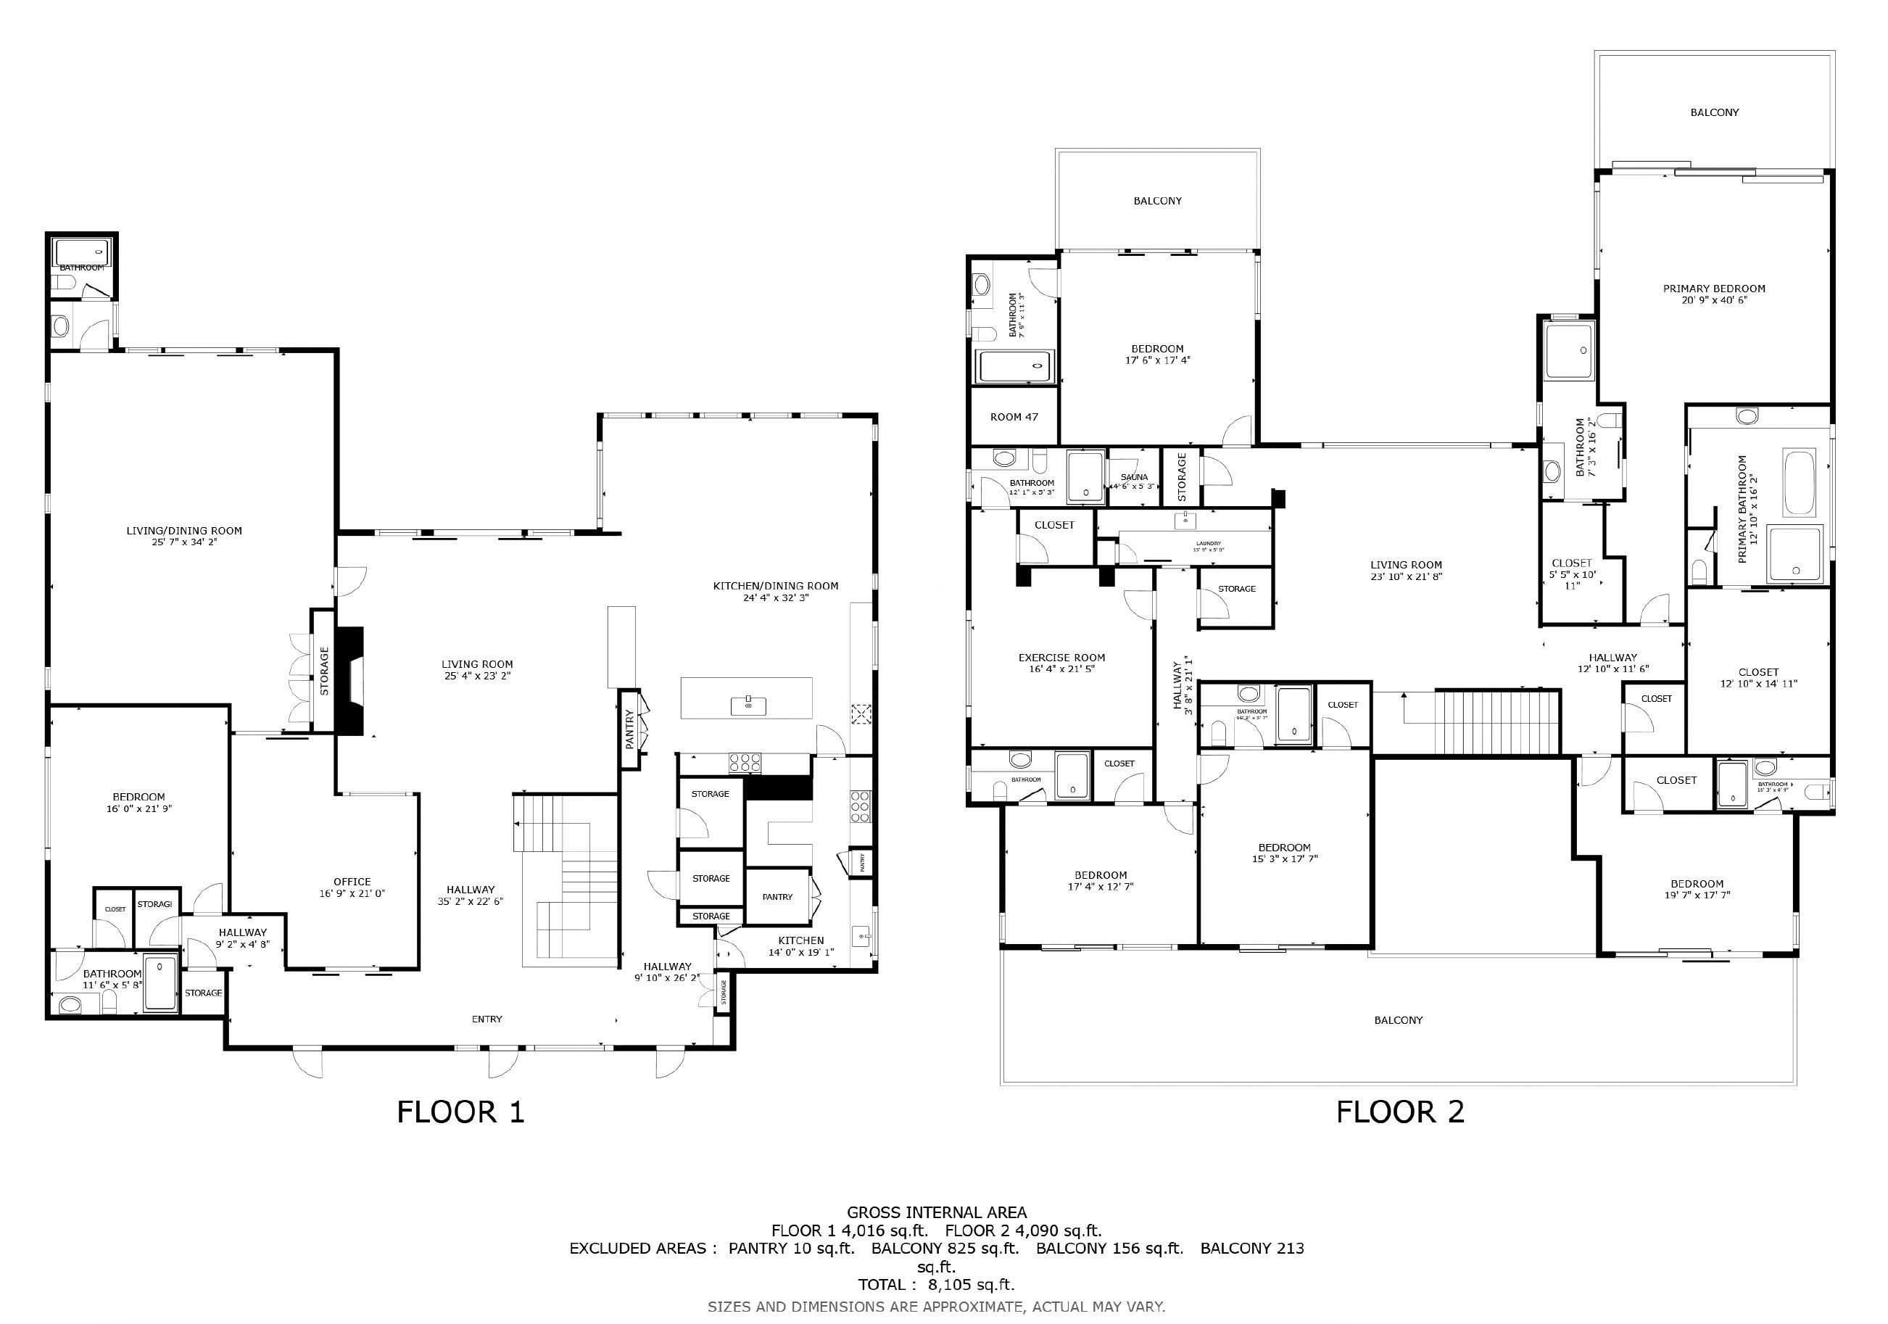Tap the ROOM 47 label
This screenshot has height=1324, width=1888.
point(1013,417)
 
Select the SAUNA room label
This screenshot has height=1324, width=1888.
point(1134,477)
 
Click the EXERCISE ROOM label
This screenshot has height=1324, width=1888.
point(1061,658)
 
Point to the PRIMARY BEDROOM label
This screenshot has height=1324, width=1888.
point(1714,289)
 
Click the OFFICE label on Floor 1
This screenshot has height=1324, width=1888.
point(352,882)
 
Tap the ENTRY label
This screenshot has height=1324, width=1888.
point(487,1019)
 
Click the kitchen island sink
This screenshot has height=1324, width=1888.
point(748,704)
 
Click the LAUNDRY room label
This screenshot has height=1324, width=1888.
point(1208,544)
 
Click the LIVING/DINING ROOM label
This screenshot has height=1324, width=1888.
point(184,531)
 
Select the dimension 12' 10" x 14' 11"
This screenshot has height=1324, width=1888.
point(1758,683)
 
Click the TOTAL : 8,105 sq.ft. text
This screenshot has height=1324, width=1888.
point(936,1283)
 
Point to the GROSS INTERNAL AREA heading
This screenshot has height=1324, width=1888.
point(936,1212)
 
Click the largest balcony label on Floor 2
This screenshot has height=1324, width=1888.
point(1398,1019)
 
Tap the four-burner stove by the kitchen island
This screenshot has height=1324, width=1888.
point(744,762)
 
